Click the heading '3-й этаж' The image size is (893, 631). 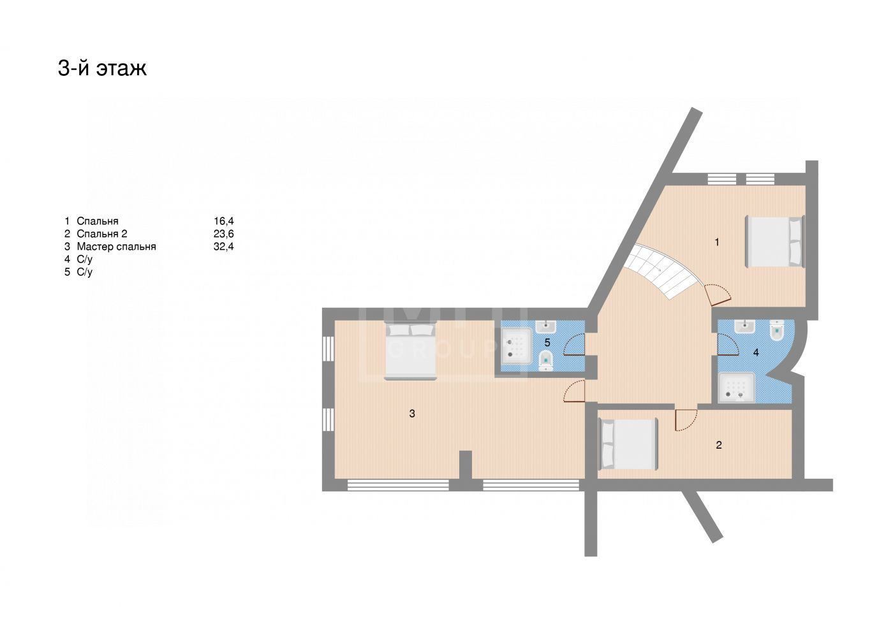tap(102, 68)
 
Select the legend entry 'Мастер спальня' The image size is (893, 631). tap(116, 247)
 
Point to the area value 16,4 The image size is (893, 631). tap(224, 221)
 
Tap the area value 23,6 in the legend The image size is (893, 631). tap(224, 234)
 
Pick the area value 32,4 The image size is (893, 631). tap(224, 247)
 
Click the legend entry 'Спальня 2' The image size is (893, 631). tap(101, 234)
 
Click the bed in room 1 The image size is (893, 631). tap(775, 242)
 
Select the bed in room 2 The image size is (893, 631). tap(628, 444)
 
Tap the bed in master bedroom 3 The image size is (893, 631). tap(411, 352)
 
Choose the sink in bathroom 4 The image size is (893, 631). tap(744, 326)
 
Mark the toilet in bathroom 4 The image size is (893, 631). tap(777, 331)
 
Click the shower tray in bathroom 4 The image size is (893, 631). tap(737, 388)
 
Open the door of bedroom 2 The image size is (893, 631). tap(686, 420)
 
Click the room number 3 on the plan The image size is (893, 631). tap(412, 414)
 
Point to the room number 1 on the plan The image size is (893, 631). tap(717, 242)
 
